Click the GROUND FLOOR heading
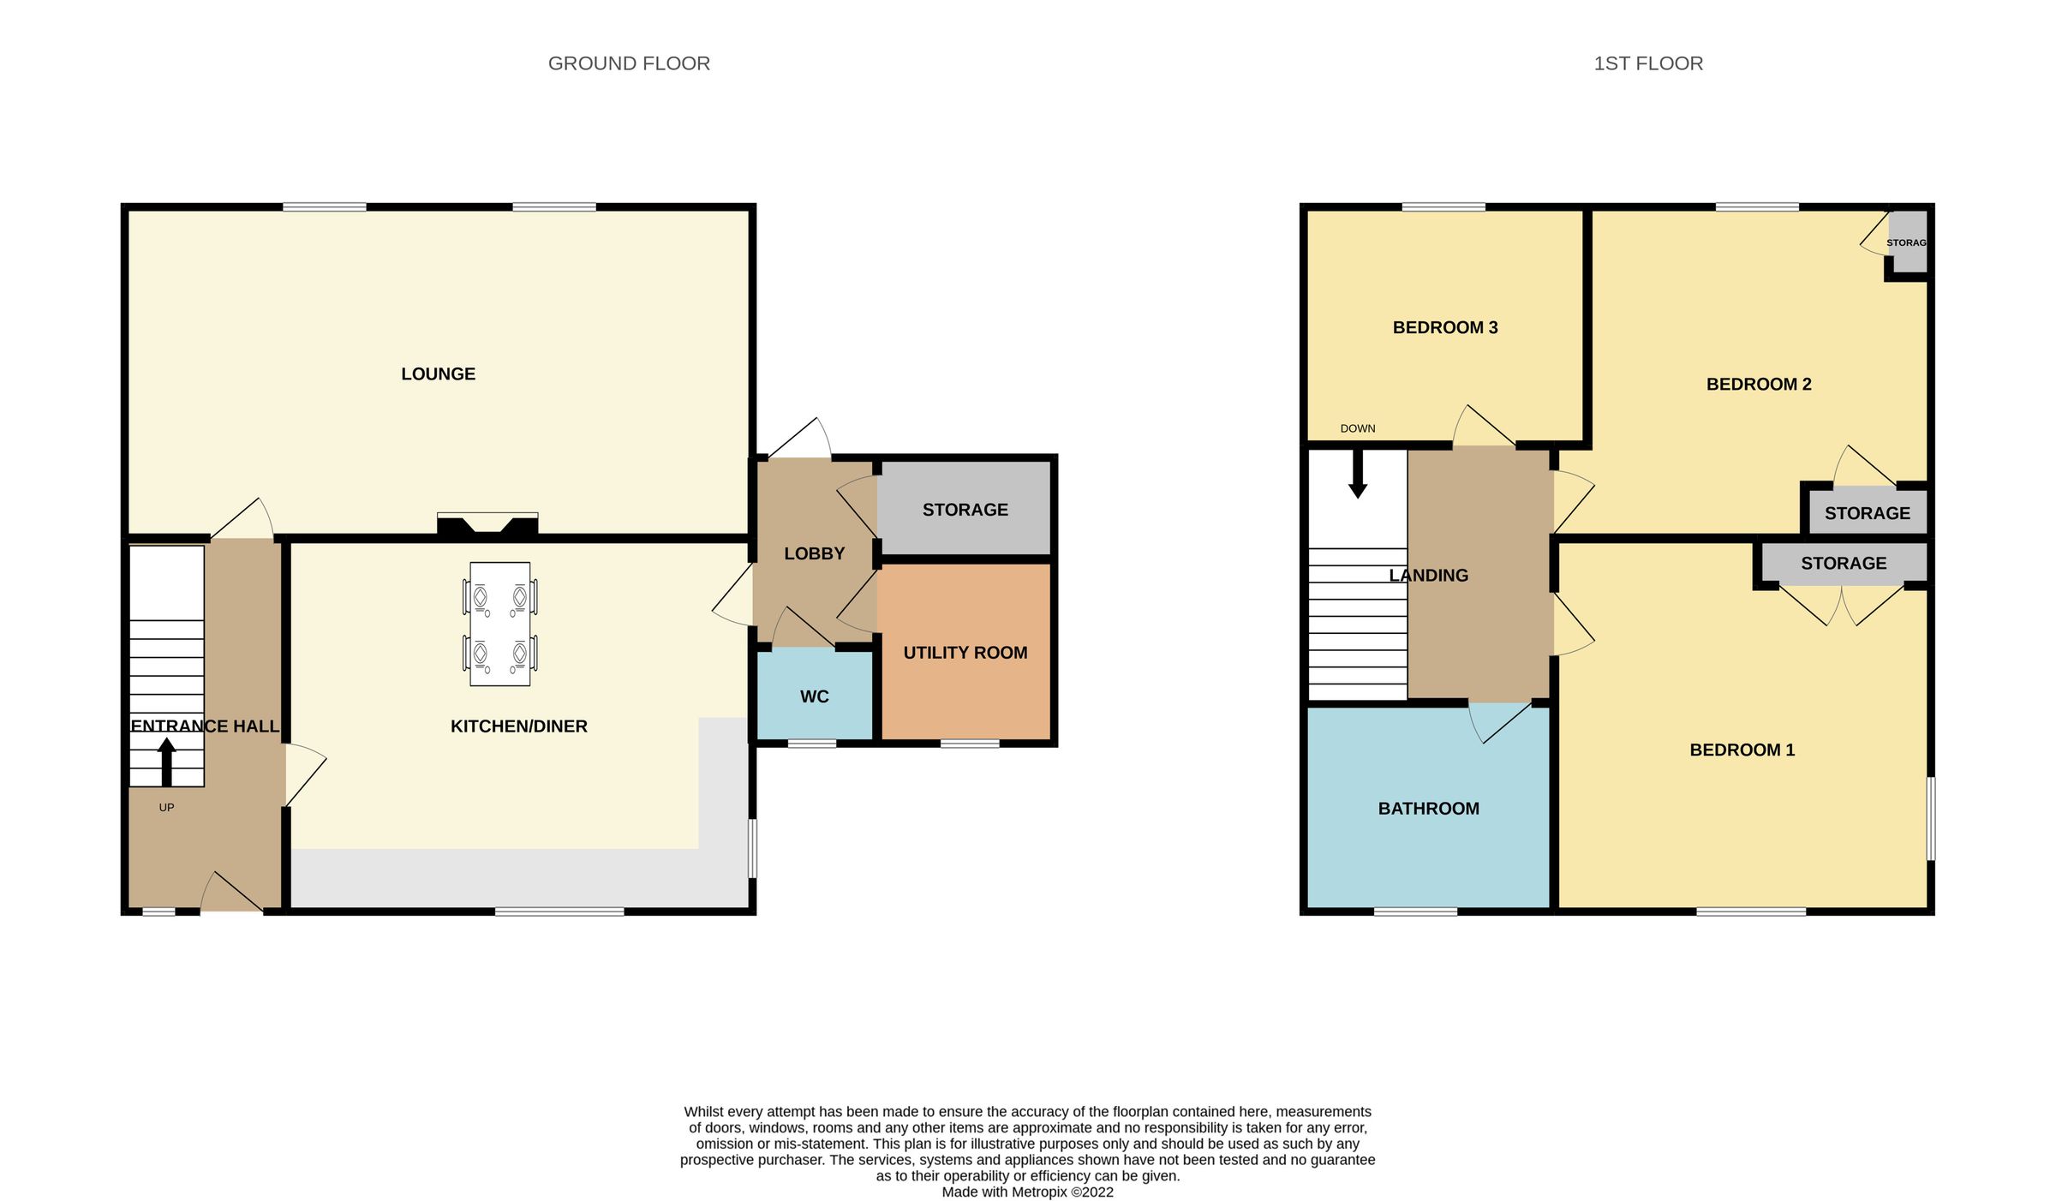(x=629, y=63)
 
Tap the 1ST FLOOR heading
(x=1647, y=63)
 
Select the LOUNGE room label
(x=438, y=373)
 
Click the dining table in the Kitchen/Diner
(x=499, y=624)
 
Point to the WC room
(x=814, y=696)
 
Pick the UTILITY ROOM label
(x=965, y=653)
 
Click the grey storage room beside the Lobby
(x=965, y=510)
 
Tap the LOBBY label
(x=814, y=553)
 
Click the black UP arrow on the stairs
(x=167, y=762)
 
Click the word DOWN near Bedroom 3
(x=1358, y=428)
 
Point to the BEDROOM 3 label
(x=1444, y=327)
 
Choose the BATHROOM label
(x=1428, y=808)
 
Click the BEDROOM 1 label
(x=1742, y=750)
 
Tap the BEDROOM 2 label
(x=1758, y=384)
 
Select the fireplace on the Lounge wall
(x=487, y=523)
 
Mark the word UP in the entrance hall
(x=166, y=807)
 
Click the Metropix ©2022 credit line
(x=1027, y=1192)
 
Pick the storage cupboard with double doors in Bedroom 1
(x=1843, y=563)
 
